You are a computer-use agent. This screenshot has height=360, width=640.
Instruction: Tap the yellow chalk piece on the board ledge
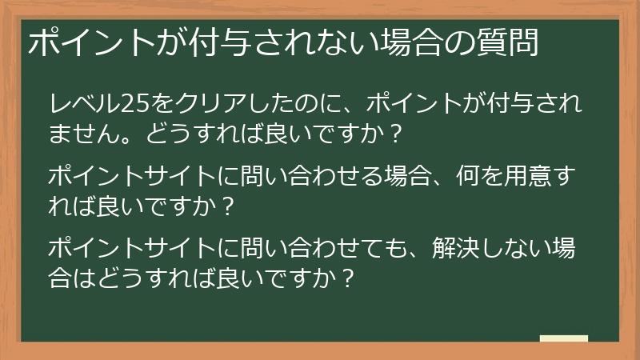[563, 339]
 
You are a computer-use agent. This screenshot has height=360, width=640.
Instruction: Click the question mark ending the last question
[346, 279]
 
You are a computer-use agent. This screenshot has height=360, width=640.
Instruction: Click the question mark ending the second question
[228, 206]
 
